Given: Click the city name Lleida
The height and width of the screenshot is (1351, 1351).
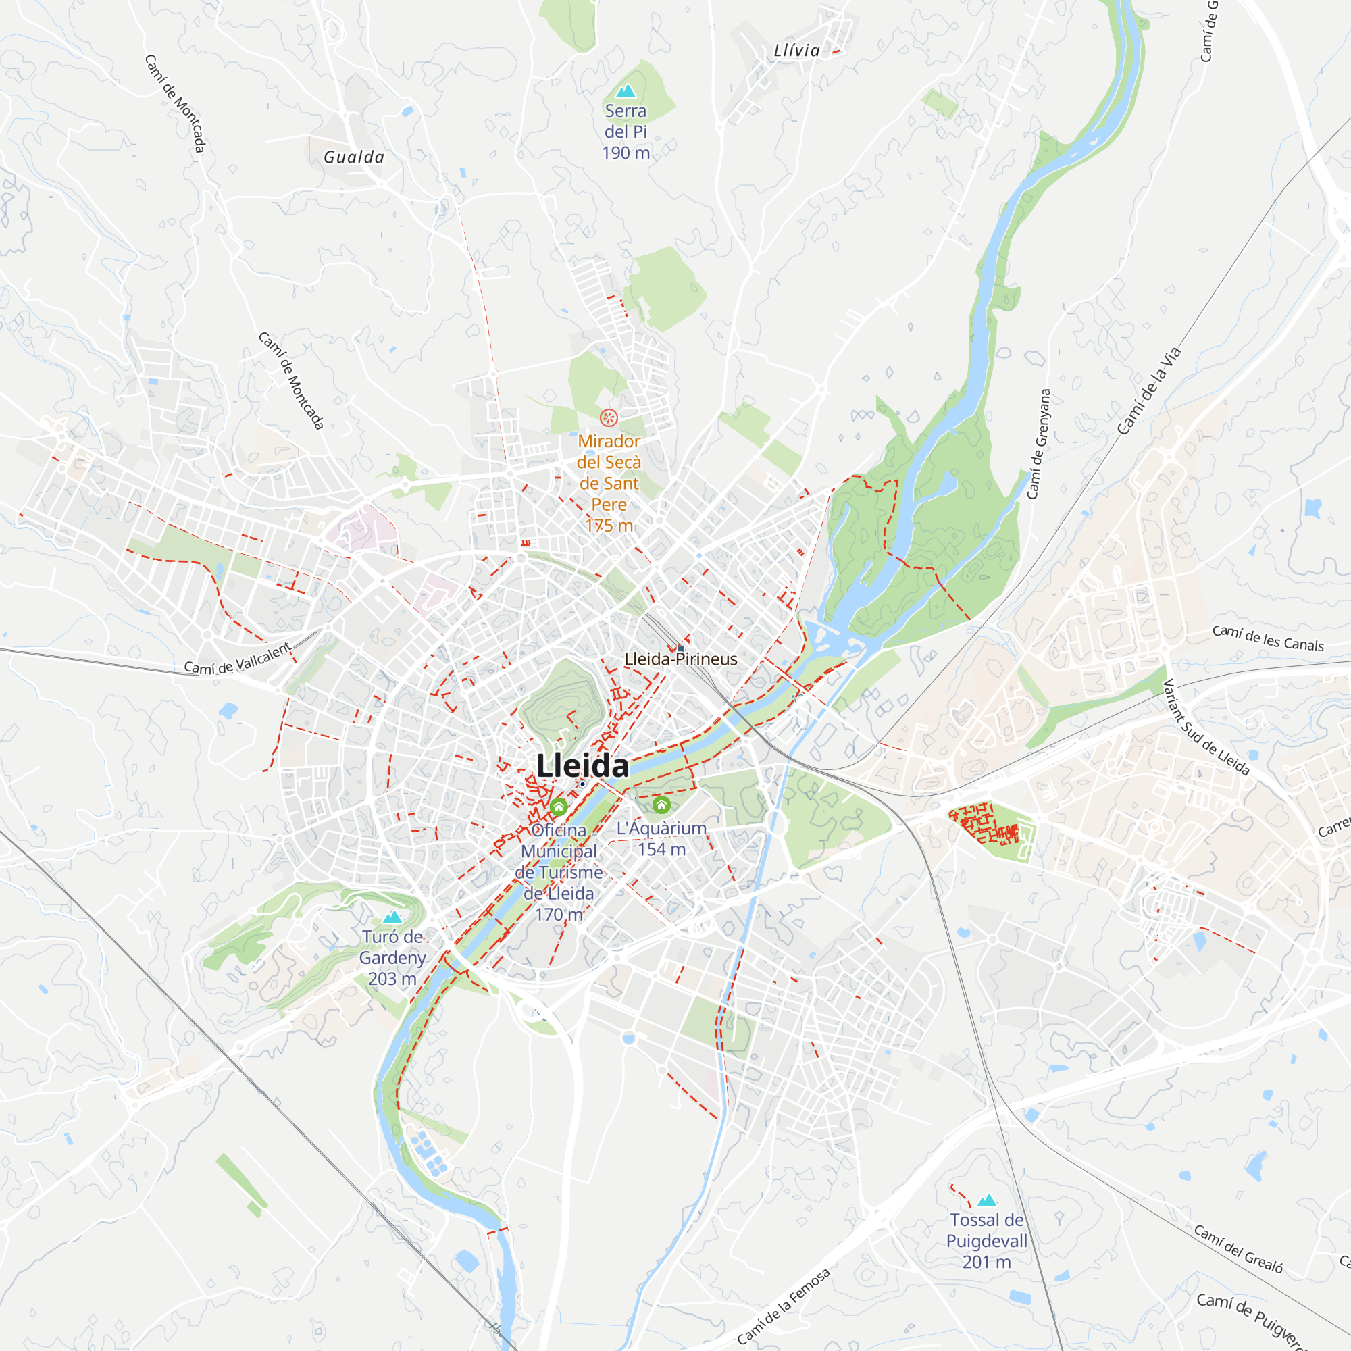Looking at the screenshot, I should [x=582, y=766].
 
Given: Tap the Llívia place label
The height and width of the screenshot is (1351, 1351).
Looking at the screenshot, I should [x=796, y=51].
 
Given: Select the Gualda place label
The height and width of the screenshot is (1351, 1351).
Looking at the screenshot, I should [x=354, y=157].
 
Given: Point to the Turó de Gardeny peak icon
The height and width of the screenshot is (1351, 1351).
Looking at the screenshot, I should [x=392, y=917].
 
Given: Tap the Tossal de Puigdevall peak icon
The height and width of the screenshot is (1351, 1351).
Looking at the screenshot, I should [x=987, y=1200].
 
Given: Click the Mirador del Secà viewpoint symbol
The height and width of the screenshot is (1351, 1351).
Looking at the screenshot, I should [x=609, y=418].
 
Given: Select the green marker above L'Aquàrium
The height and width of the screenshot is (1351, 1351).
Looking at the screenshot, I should [x=661, y=805].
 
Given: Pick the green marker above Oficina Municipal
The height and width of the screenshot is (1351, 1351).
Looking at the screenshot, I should [x=558, y=808].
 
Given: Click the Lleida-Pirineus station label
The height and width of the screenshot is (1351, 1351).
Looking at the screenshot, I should [x=680, y=659].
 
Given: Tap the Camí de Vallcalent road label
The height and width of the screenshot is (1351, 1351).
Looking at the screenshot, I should [x=237, y=659].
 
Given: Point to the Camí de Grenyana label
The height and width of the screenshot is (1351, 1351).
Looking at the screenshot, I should [x=1038, y=444].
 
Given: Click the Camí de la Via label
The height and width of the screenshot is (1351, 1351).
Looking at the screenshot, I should [x=1149, y=390].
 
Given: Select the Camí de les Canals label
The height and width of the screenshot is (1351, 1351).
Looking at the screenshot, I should [x=1268, y=638].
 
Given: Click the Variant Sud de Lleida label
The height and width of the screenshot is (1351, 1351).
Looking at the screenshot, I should [x=1206, y=728].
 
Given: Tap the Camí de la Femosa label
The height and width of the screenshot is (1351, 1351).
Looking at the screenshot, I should [x=783, y=1306].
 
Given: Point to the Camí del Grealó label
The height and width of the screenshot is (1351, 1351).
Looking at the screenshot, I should [x=1238, y=1248].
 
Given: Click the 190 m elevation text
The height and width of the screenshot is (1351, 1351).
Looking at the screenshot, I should [x=626, y=153].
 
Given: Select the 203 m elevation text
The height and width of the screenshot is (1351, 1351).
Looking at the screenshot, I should [x=392, y=979].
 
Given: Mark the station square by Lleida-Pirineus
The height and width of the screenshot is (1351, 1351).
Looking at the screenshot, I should [x=680, y=649].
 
